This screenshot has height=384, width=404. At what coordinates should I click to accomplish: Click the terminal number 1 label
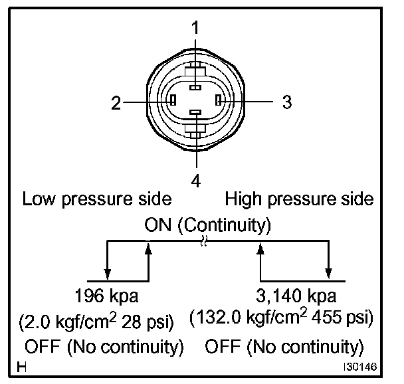tap(195, 29)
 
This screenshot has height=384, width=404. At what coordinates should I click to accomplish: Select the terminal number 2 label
tap(116, 102)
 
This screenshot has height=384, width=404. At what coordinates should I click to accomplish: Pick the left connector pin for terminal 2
tap(172, 102)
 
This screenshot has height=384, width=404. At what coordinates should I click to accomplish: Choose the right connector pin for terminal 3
tap(218, 102)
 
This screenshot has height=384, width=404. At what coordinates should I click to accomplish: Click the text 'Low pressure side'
tap(98, 199)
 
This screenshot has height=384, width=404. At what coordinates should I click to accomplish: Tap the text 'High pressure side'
tap(299, 199)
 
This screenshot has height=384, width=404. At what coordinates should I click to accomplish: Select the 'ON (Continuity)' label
tap(207, 225)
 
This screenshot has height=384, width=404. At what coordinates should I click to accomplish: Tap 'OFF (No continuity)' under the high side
tap(284, 346)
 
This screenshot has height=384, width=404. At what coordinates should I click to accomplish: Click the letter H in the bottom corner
tap(23, 366)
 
